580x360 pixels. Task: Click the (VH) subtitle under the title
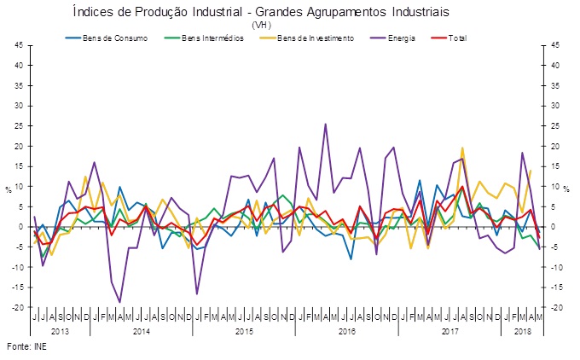point(261,26)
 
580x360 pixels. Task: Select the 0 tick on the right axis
point(553,227)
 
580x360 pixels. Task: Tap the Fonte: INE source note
point(26,346)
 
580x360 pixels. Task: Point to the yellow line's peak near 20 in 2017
point(461,148)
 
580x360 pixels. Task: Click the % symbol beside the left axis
point(9,187)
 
